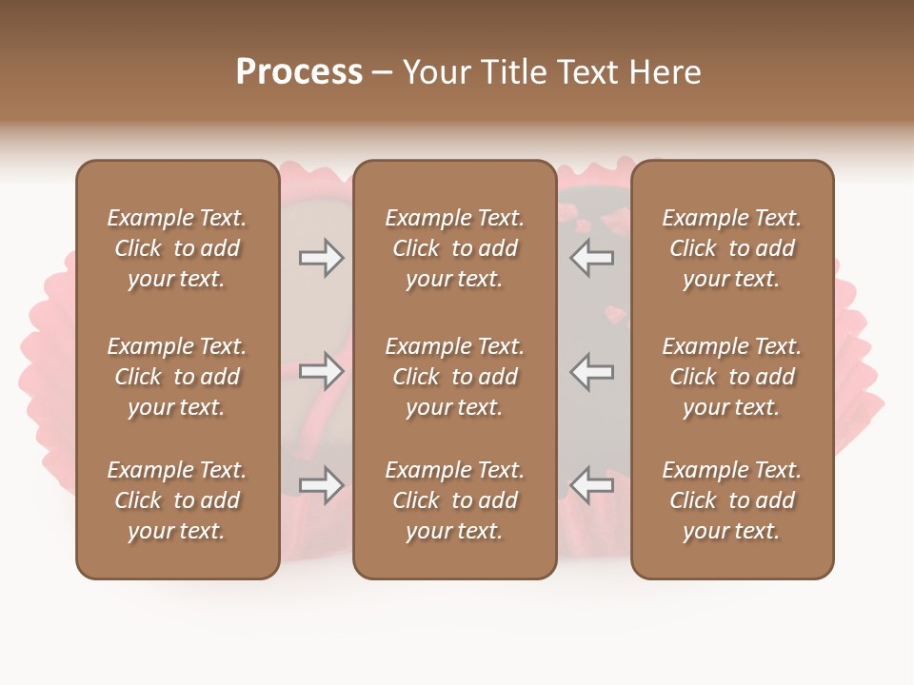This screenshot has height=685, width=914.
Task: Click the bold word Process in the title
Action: point(299,72)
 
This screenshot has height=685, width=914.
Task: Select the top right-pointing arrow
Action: point(321,258)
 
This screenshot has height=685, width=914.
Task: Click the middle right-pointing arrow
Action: point(321,372)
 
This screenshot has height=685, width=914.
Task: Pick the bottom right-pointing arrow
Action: point(321,485)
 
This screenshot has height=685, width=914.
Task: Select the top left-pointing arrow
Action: point(591,258)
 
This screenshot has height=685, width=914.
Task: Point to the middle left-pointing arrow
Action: point(591,372)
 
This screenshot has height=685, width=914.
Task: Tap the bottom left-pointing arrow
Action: point(591,485)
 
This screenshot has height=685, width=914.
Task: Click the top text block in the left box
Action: point(177,248)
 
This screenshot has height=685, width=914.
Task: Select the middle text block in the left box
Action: point(177,377)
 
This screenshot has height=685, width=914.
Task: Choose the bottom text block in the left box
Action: point(177,500)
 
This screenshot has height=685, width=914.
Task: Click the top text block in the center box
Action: point(455,248)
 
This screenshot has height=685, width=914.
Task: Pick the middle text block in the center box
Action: point(455,377)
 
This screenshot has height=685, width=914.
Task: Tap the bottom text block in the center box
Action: point(455,500)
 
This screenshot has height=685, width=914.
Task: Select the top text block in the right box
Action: point(732,248)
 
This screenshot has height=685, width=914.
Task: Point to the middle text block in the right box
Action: point(732,377)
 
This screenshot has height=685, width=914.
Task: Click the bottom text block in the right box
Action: point(732,500)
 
